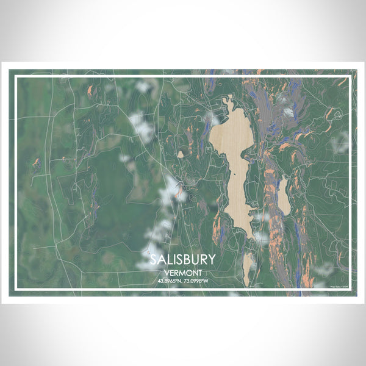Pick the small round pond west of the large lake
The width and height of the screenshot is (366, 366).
click(x=181, y=154)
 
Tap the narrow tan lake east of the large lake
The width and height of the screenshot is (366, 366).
click(x=284, y=196)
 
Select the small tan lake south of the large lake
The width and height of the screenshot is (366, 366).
click(x=247, y=268)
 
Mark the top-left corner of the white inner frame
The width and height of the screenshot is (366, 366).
click(x=15, y=76)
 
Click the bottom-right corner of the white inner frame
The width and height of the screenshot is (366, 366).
click(x=351, y=290)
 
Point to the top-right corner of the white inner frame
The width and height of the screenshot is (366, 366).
click(x=351, y=76)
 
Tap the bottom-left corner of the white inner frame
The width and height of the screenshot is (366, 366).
click(x=15, y=290)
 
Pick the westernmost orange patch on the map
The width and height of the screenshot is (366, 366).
click(x=36, y=163)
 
